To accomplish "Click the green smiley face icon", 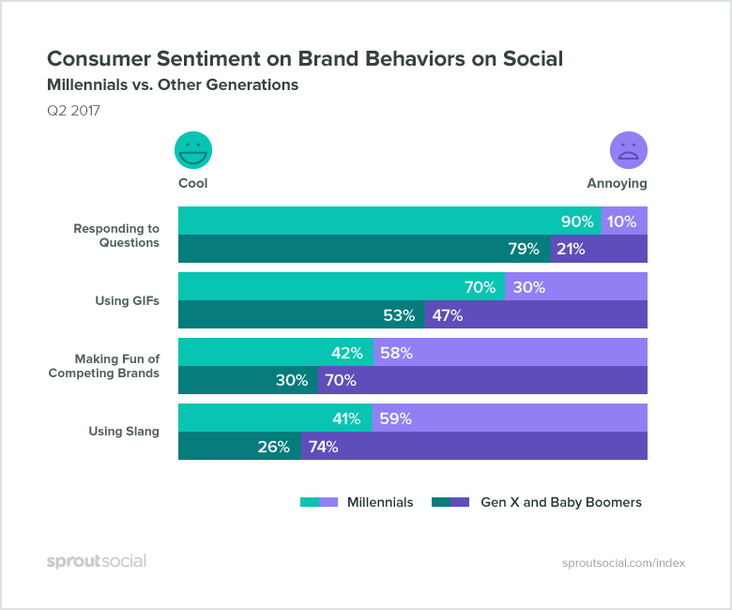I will [x=193, y=150].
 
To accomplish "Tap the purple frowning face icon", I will [x=629, y=150].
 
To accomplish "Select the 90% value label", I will [x=577, y=222].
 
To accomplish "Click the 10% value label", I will [x=621, y=222].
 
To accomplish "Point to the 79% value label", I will [x=524, y=249].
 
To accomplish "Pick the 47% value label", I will [x=448, y=315].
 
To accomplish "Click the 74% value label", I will [x=323, y=447].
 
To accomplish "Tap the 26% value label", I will [x=273, y=447].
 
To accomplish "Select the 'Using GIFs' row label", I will [x=127, y=300].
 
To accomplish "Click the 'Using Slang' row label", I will [x=124, y=432].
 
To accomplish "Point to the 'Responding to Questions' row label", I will [x=117, y=236].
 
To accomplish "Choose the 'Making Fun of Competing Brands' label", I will [x=104, y=366].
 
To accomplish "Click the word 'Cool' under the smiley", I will [x=193, y=184].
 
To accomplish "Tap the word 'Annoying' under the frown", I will [x=617, y=184].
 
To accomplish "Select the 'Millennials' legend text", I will [x=380, y=502].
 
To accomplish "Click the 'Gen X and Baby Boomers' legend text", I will [x=561, y=502].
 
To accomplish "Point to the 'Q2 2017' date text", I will [x=73, y=111].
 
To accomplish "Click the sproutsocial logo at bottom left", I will [x=97, y=561].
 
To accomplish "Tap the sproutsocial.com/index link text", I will [x=623, y=563].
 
